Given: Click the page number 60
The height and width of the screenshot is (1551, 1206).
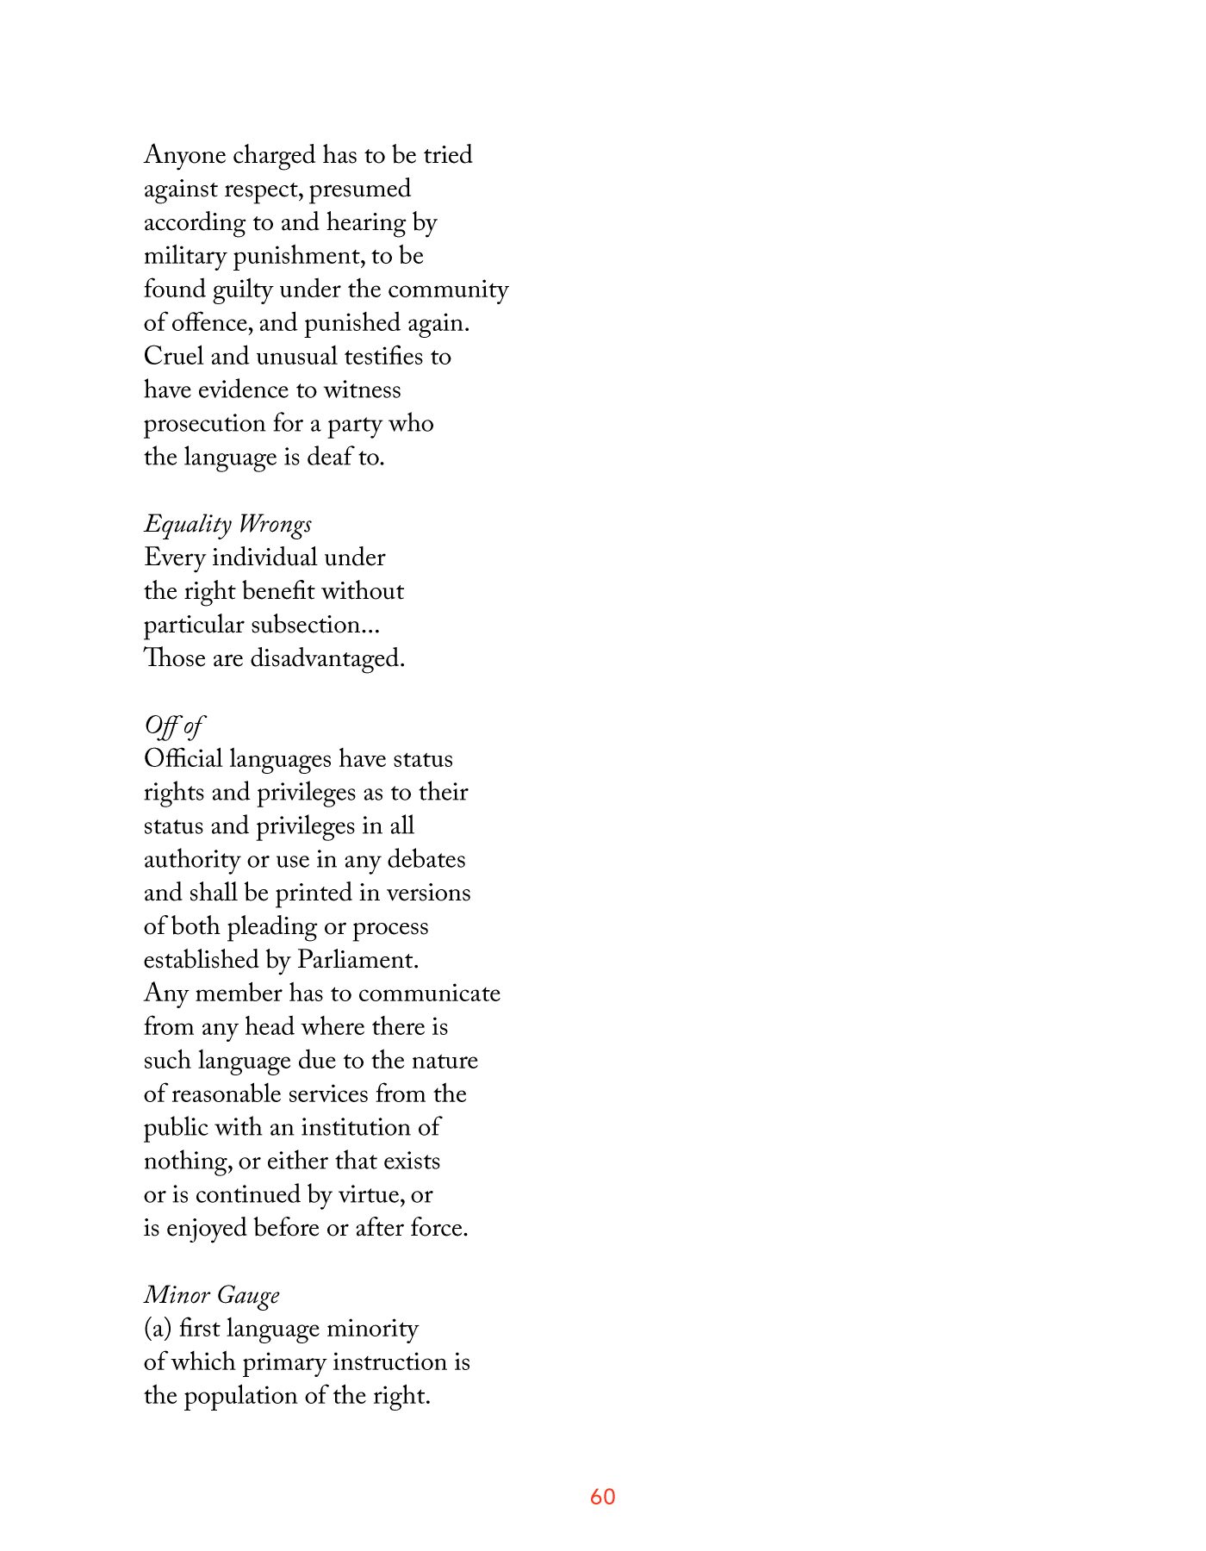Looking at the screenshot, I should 602,1497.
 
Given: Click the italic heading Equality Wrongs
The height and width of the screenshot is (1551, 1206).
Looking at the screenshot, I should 227,525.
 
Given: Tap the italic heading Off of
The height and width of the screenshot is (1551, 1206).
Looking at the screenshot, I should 174,726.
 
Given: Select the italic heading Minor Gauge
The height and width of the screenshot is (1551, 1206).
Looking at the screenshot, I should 212,1295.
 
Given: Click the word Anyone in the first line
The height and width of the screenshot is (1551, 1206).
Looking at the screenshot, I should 184,156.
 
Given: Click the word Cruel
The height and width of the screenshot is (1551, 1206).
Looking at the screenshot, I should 173,357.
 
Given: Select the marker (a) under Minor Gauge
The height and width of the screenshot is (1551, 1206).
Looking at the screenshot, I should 158,1329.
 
